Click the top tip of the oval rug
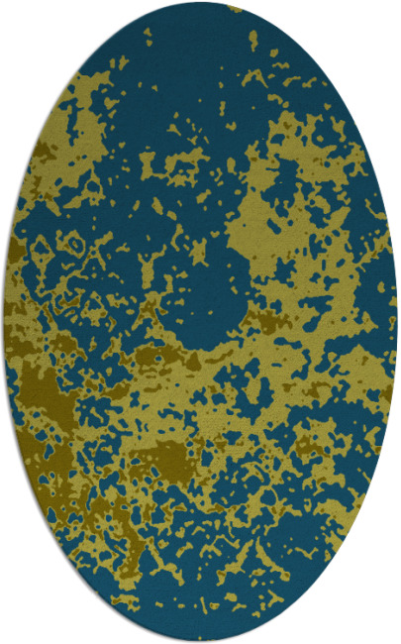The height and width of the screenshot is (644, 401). click(200, 4)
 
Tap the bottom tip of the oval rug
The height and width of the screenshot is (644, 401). click(200, 639)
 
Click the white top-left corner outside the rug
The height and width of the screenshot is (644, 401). click(15, 15)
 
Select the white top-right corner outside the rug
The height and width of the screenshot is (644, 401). click(386, 15)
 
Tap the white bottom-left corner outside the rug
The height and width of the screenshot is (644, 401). click(15, 629)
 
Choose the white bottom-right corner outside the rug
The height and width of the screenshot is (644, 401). click(386, 629)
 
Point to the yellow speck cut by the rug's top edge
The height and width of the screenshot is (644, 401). click(234, 9)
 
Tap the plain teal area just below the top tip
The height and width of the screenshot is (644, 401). click(198, 30)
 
